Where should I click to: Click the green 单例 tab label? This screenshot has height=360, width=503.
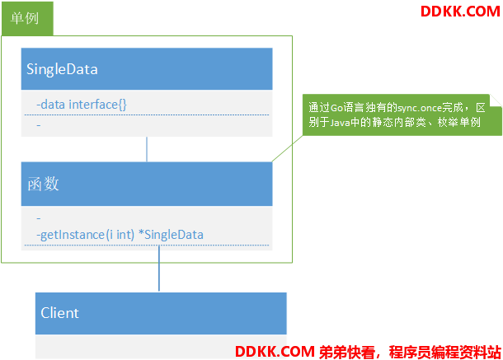[x=25, y=18]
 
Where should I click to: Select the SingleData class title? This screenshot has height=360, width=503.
[x=62, y=69]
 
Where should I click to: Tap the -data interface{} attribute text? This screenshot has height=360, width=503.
[x=82, y=105]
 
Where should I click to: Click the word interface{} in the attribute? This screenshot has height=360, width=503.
[x=98, y=105]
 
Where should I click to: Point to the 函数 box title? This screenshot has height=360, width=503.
[x=44, y=184]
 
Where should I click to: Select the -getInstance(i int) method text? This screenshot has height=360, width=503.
[x=85, y=235]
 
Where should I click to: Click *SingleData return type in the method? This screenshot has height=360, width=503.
[x=171, y=235]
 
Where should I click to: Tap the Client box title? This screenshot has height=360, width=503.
[x=59, y=313]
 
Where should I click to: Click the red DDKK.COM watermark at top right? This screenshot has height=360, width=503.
[x=460, y=12]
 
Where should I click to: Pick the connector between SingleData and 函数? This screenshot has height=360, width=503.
[x=147, y=149]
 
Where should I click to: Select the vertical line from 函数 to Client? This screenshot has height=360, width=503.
[x=159, y=269]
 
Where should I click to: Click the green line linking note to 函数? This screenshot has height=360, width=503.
[x=288, y=148]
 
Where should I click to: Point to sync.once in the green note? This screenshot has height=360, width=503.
[x=419, y=108]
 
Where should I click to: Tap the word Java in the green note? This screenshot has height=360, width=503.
[x=340, y=123]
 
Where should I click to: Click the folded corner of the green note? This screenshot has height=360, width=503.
[x=496, y=101]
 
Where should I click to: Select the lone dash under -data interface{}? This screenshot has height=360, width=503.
[x=39, y=125]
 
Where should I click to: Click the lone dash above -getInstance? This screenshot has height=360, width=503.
[x=39, y=218]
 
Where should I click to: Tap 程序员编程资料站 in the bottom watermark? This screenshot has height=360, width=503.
[x=445, y=352]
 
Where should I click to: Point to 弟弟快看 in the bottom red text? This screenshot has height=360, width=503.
[x=347, y=352]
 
